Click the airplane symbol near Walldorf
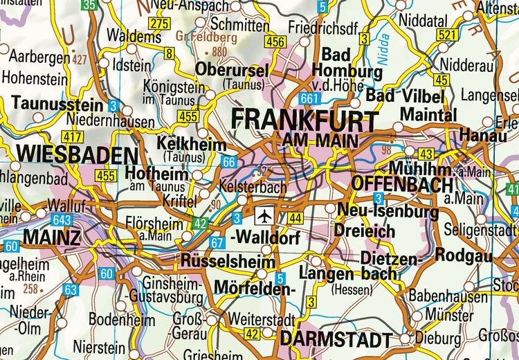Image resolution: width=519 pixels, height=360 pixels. pos(264,216)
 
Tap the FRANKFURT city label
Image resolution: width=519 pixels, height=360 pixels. pos(304,119)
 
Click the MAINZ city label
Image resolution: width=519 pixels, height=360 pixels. pos(52,237)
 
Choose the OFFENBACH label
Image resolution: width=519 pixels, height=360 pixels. pos(401,184)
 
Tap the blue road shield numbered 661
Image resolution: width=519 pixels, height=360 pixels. pos(310,99)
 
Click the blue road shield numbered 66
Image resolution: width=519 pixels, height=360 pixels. pos(230,161)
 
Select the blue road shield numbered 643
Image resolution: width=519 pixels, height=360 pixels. pos(62,220)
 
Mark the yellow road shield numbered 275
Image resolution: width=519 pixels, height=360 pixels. pos(159,24)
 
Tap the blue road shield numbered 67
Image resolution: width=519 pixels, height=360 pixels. pos(217,242)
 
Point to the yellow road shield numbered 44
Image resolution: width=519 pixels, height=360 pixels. pos(295,219)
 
